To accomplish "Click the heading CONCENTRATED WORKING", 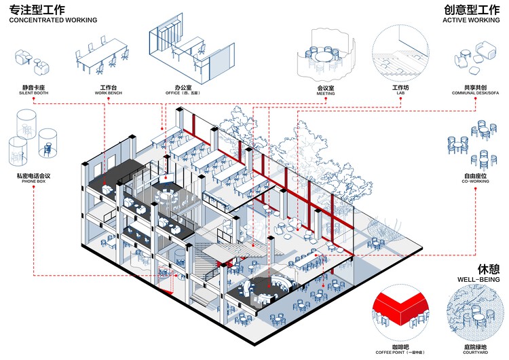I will pyautogui.click(x=53, y=20).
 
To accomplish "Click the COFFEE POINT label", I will pyautogui.click(x=401, y=341).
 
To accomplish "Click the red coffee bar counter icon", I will pyautogui.click(x=400, y=305).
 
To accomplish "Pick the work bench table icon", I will pyautogui.click(x=102, y=54).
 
